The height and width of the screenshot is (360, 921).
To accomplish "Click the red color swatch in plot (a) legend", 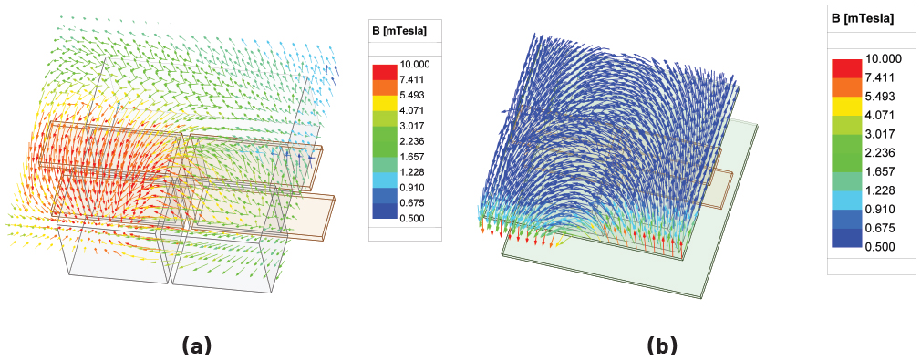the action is pyautogui.click(x=384, y=72).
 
